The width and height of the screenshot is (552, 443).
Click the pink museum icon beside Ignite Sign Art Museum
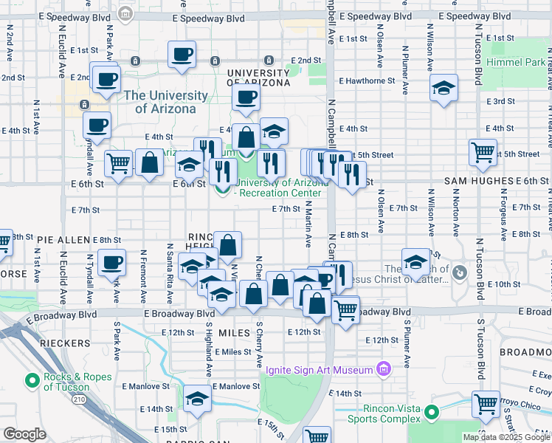[x=383, y=368]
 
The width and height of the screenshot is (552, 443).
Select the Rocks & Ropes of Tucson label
[x=77, y=381]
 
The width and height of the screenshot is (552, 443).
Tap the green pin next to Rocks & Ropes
[x=32, y=381]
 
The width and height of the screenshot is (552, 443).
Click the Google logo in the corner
[x=24, y=434]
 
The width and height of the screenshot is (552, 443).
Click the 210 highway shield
[x=77, y=399]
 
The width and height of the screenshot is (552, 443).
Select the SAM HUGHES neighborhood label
[x=478, y=181]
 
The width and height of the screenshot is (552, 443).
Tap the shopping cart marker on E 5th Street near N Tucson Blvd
[x=483, y=152]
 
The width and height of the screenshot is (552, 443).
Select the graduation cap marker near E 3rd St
[x=444, y=88]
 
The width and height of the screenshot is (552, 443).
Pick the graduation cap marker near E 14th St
[x=197, y=399]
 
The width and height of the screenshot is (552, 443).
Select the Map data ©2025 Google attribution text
[x=506, y=437]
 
